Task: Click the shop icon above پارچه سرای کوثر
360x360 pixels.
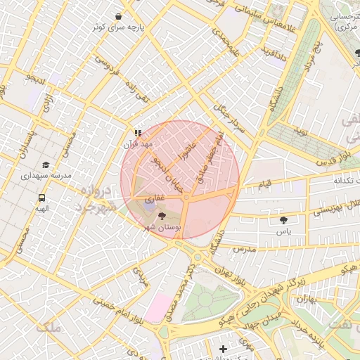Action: (x=118, y=15)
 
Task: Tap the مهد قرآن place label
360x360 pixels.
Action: (x=138, y=143)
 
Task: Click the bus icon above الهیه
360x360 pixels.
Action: (x=42, y=199)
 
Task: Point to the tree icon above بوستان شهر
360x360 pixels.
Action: (x=163, y=217)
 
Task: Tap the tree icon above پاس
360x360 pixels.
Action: (x=283, y=220)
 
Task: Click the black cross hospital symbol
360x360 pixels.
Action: (x=224, y=349)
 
